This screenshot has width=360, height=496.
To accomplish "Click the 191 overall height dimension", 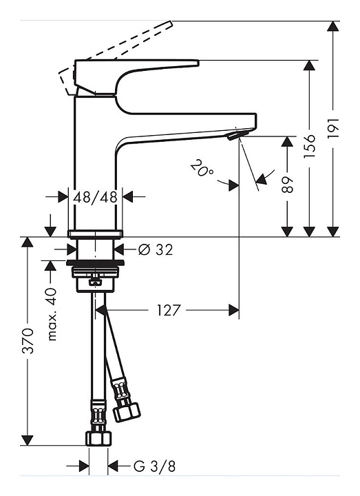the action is click(x=333, y=128).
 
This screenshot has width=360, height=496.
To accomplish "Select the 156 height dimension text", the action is click(x=310, y=147).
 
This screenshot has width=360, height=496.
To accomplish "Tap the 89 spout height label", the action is click(x=287, y=184).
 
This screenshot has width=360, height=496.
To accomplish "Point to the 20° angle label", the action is click(x=202, y=169).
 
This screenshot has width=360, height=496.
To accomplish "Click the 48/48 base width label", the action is click(x=96, y=198).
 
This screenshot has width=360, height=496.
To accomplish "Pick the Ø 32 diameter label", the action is click(x=156, y=250).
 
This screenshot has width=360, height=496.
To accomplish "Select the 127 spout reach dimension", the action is click(x=169, y=310).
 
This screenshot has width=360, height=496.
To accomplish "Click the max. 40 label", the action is click(x=52, y=314).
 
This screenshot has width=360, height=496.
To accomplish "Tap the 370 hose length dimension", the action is click(x=28, y=341).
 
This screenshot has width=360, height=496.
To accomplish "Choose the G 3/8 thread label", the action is click(x=154, y=466).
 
